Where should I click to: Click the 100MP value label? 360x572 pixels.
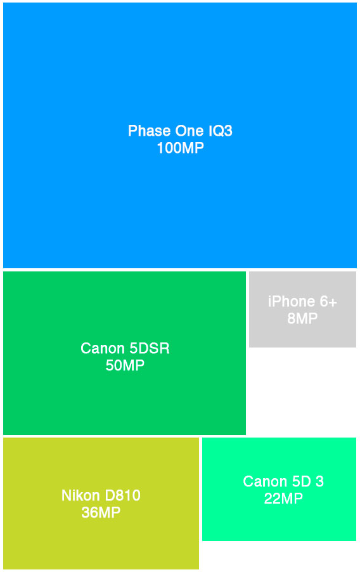(x=180, y=148)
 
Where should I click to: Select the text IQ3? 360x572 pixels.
(x=221, y=131)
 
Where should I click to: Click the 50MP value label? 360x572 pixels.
(x=125, y=366)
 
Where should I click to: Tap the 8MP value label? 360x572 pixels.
(x=302, y=319)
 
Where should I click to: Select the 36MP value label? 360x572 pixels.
(x=101, y=513)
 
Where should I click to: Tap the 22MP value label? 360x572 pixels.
(x=283, y=499)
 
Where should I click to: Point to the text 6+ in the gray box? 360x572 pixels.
(x=328, y=302)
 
